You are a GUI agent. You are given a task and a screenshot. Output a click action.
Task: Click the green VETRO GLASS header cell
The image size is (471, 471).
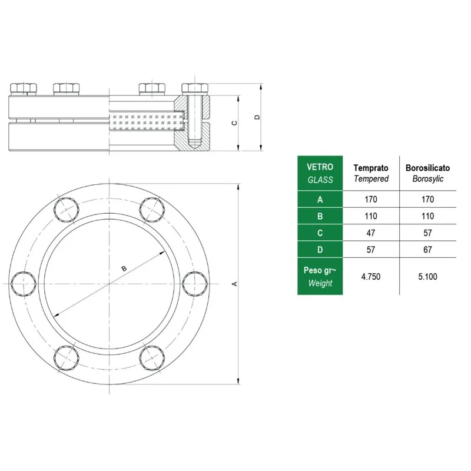click(320, 173)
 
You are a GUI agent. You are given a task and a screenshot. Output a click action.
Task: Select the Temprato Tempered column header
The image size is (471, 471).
click(371, 173)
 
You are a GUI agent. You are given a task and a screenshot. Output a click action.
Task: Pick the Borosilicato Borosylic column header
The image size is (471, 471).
click(428, 173)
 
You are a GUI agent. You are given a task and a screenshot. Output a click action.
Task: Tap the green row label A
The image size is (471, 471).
click(320, 199)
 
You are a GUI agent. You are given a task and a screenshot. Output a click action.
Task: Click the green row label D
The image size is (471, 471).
click(320, 249)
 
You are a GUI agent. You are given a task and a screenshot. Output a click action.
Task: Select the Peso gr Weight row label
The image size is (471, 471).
click(320, 276)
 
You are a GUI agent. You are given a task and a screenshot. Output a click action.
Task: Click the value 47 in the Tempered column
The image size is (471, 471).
click(371, 233)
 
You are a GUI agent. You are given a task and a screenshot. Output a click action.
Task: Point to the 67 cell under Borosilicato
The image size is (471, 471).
click(427, 250)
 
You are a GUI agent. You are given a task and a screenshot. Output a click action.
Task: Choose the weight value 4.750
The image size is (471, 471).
click(371, 276)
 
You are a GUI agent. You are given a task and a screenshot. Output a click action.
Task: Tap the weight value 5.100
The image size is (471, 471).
click(427, 276)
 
